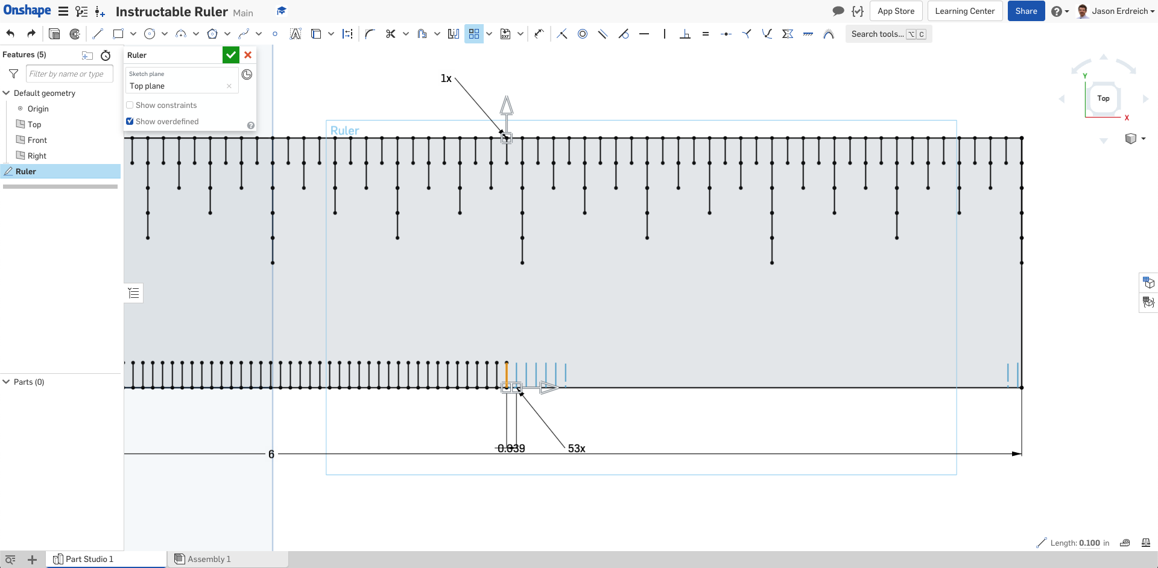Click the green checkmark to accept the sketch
[x=231, y=55]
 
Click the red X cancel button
[x=248, y=55]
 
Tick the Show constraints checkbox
[x=130, y=105]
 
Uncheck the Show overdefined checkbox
[x=130, y=121]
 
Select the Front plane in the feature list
[x=37, y=140]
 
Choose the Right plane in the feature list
[x=37, y=156]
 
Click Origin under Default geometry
[x=38, y=109]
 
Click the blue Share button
[x=1026, y=11]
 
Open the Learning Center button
[x=964, y=11]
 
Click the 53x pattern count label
[x=577, y=449]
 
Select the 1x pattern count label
[x=446, y=78]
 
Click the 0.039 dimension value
[x=511, y=449]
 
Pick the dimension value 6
[x=271, y=454]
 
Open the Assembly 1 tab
[x=209, y=559]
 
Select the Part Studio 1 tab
[x=89, y=559]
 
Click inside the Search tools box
[x=888, y=34]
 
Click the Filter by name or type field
[x=69, y=74]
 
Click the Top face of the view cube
[x=1103, y=98]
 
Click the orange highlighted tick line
[x=507, y=374]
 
